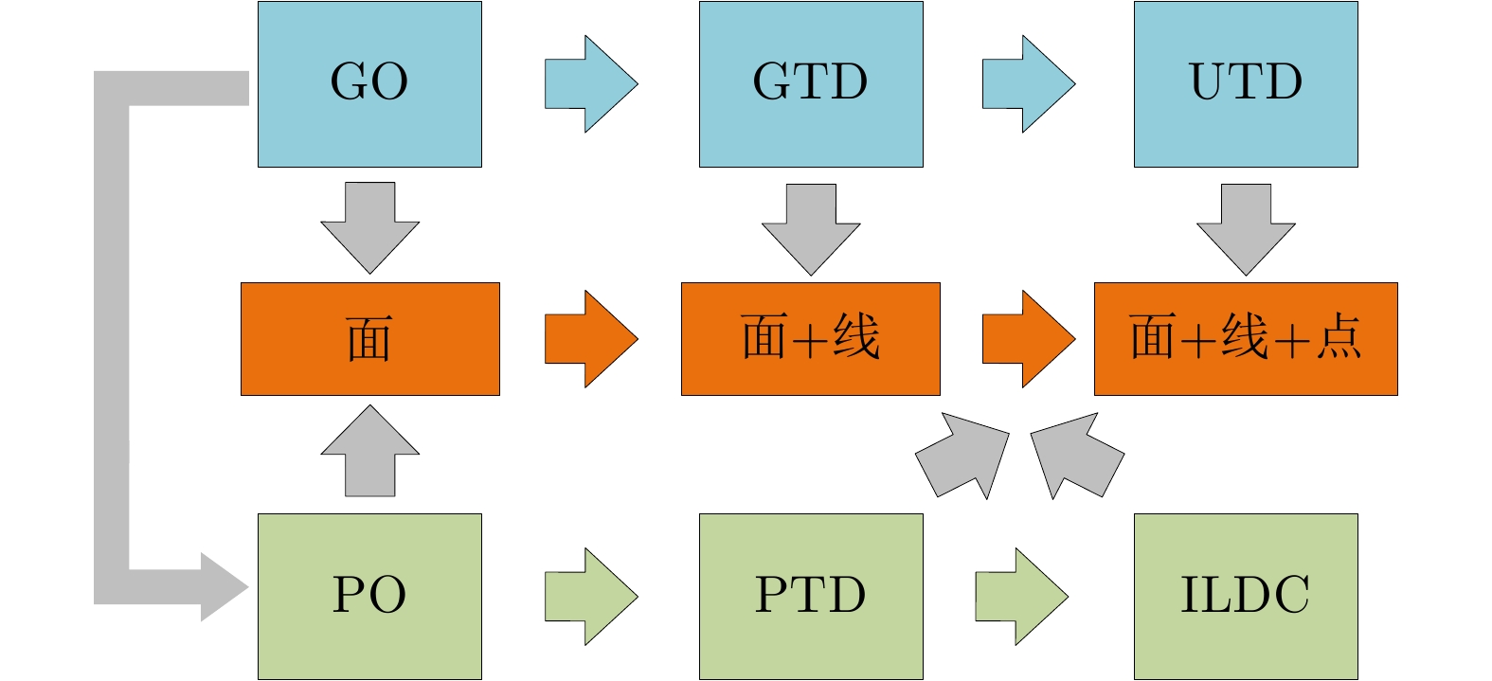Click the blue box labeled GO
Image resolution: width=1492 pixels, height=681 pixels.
369,84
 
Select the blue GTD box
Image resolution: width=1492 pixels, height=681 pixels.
811,84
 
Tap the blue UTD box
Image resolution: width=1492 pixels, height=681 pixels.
1246,84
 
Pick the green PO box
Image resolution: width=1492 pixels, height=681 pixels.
369,597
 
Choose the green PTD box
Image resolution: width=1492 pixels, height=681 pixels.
811,597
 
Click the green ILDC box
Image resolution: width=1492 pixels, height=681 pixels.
1246,597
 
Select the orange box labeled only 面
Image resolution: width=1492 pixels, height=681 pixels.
369,339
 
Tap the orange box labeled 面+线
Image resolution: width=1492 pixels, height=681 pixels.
811,339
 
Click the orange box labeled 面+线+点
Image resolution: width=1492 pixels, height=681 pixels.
1246,339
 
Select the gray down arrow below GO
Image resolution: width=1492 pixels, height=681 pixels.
369,227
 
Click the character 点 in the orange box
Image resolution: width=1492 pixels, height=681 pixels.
1339,337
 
